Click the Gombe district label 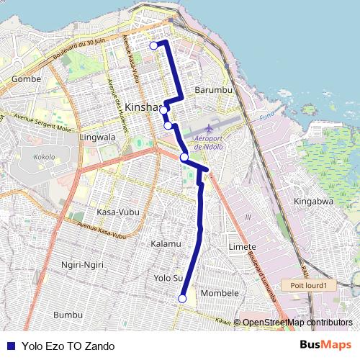(x=27, y=78)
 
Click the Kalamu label (x=166, y=244)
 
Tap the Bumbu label (x=68, y=315)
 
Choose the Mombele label (x=219, y=294)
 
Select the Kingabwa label (x=314, y=202)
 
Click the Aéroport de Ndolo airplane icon (x=209, y=130)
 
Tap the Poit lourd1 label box (x=309, y=285)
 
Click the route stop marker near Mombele (x=183, y=298)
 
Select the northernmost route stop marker (x=153, y=45)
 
